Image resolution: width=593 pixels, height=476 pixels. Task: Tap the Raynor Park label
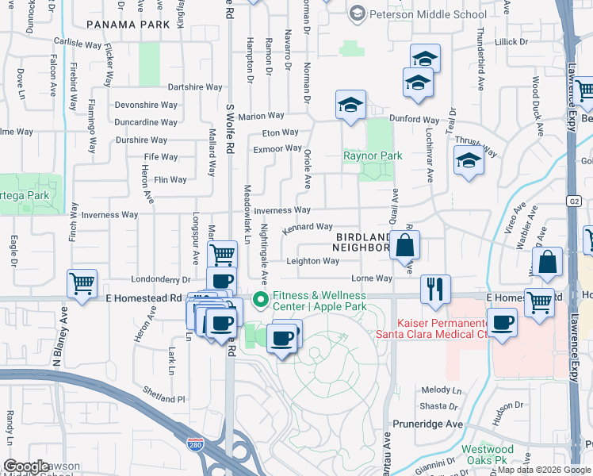pos(372,155)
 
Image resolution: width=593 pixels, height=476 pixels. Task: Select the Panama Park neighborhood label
pos(128,25)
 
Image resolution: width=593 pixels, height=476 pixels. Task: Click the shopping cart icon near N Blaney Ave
pos(82,284)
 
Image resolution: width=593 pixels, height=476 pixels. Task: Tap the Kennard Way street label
pos(308,227)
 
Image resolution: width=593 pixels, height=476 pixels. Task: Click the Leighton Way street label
pos(313,261)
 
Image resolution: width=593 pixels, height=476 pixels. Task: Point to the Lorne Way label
pos(372,278)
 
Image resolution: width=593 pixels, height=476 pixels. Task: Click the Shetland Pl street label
pos(163,399)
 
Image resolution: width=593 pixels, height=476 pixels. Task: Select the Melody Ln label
pos(442,390)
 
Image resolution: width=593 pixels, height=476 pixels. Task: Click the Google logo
pos(26,466)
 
